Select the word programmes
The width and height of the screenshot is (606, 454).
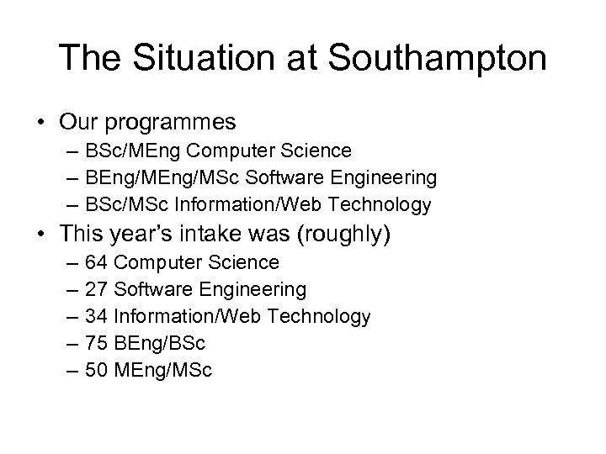point(172,124)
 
